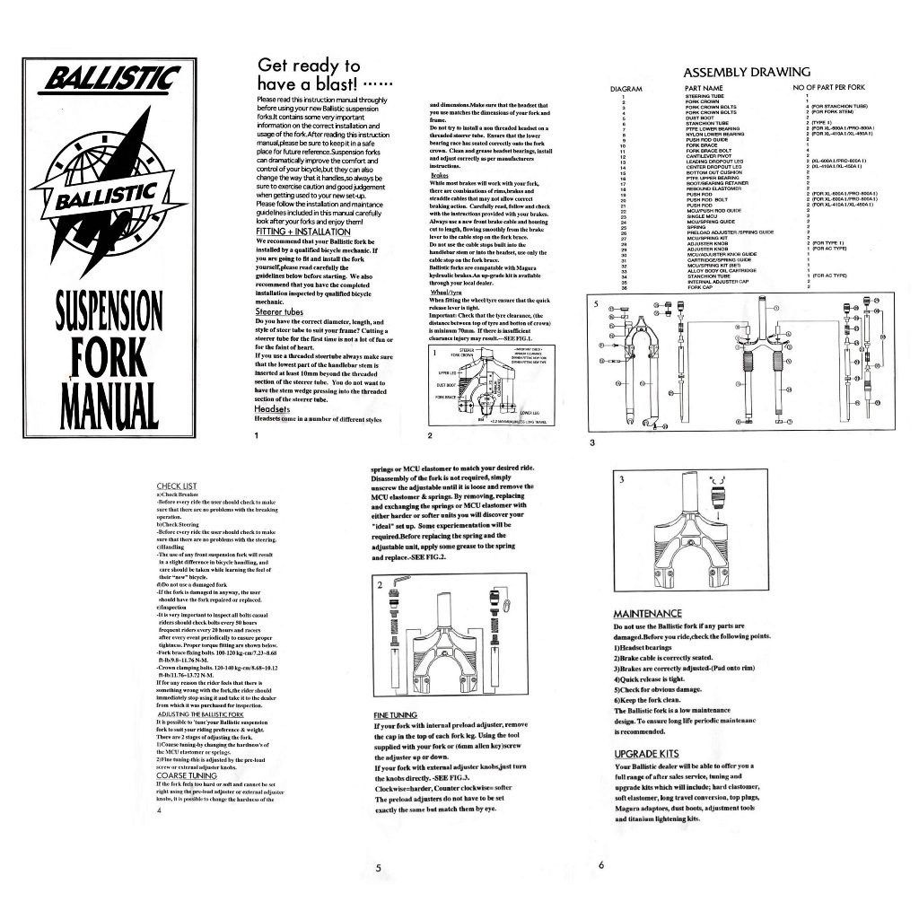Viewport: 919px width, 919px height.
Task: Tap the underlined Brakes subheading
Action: pos(440,176)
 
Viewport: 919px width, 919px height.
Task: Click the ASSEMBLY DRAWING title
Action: pos(747,72)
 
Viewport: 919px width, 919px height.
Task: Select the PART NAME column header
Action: pos(703,89)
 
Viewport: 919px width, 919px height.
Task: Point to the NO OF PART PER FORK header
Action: pos(828,89)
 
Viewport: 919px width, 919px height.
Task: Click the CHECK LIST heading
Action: pos(177,486)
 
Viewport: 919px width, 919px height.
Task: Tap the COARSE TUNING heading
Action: pos(187,775)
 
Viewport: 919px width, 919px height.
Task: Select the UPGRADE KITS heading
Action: pos(646,754)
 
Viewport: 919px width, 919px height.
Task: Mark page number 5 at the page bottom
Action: pos(379,868)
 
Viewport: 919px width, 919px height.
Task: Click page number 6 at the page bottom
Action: pos(601,865)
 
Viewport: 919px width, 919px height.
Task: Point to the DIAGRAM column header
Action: pos(626,89)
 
